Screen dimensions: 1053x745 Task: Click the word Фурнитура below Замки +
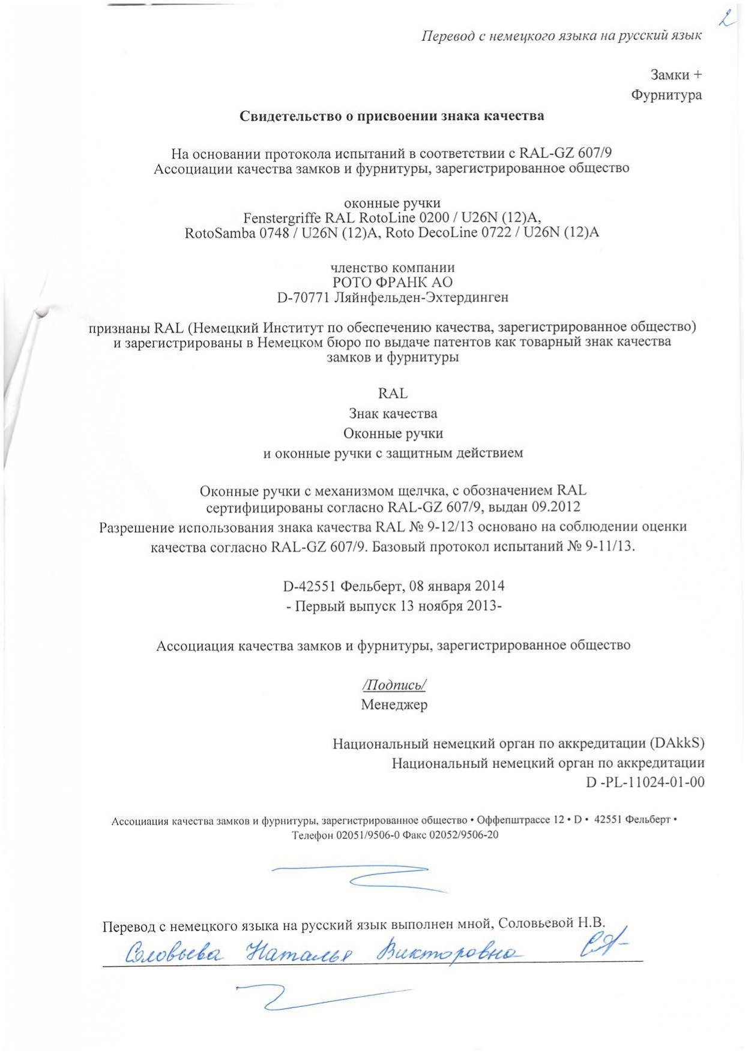coord(666,95)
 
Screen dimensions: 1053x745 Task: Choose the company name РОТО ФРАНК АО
coord(393,282)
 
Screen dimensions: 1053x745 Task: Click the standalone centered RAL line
coord(393,394)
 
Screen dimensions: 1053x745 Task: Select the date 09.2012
coord(554,507)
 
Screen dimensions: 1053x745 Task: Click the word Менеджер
coord(394,704)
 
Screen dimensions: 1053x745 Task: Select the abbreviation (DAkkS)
coord(677,743)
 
